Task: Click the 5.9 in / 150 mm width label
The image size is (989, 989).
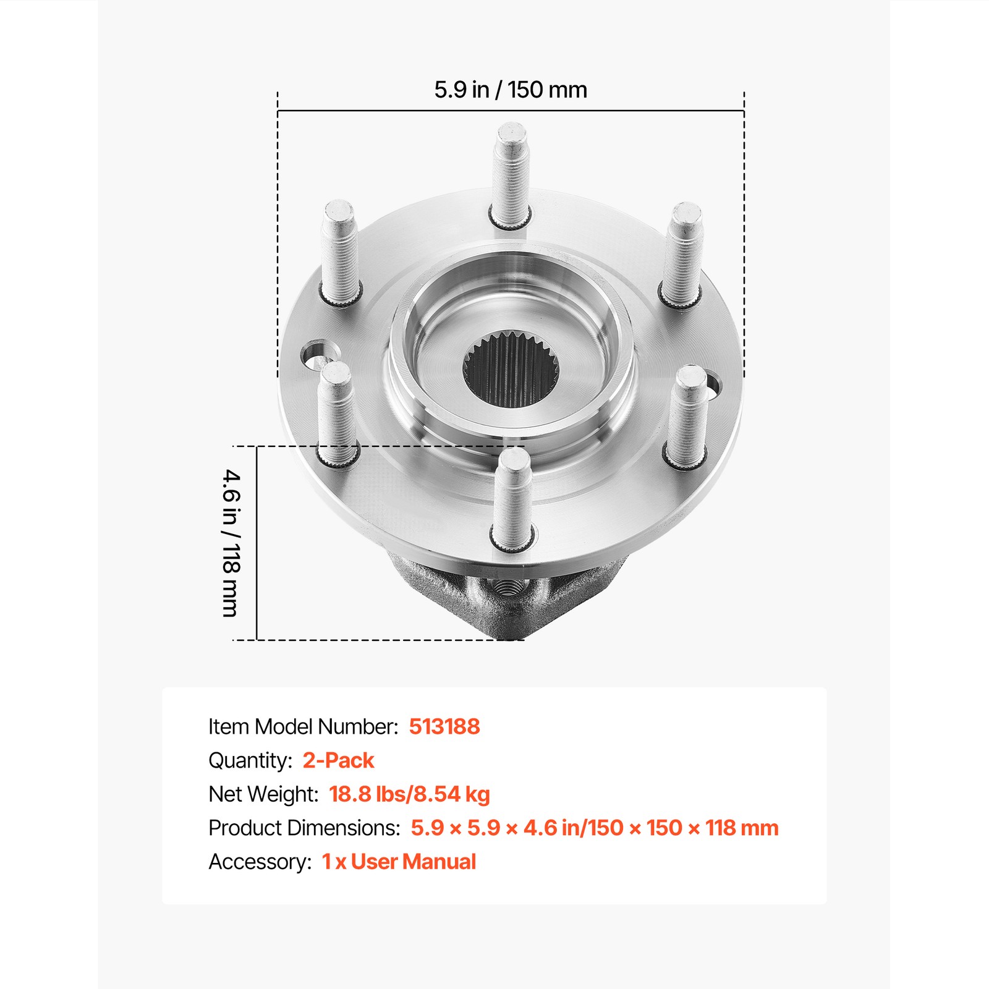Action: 510,90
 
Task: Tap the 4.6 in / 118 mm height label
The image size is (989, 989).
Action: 231,543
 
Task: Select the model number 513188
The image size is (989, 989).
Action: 444,726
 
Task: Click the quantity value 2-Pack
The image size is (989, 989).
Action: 338,760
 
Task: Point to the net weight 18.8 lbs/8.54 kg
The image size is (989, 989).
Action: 409,794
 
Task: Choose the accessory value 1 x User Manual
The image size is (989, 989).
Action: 399,862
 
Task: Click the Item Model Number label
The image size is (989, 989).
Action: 303,726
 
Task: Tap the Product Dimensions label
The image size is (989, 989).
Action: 304,828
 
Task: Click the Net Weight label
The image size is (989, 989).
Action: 263,794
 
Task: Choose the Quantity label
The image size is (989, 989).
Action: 250,760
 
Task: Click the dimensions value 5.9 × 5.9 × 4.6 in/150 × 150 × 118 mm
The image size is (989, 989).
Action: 595,828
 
